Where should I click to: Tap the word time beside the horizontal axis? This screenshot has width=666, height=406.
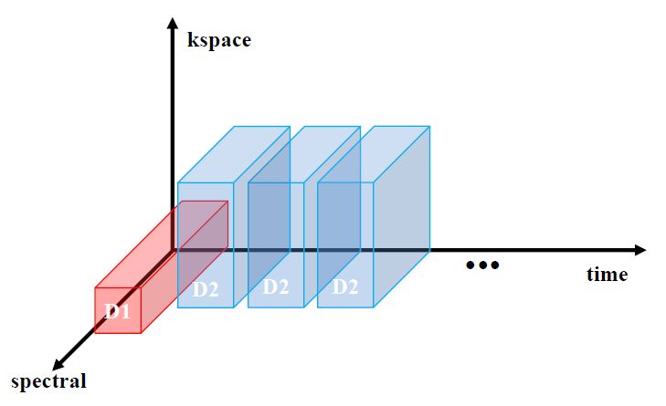pyautogui.click(x=607, y=274)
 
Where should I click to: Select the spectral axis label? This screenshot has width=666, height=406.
pyautogui.click(x=48, y=380)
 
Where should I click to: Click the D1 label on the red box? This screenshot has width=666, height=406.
pyautogui.click(x=118, y=311)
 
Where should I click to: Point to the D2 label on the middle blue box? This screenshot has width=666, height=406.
pyautogui.click(x=276, y=286)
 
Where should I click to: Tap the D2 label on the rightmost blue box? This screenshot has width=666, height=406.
pyautogui.click(x=344, y=286)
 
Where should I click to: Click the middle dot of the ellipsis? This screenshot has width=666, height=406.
pyautogui.click(x=482, y=265)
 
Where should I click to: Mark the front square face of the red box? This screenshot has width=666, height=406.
pyautogui.click(x=117, y=311)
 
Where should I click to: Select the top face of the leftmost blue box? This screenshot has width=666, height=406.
pyautogui.click(x=233, y=153)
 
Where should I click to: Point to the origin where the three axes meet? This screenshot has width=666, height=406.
pyautogui.click(x=171, y=249)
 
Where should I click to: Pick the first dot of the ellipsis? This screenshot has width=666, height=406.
pyautogui.click(x=470, y=265)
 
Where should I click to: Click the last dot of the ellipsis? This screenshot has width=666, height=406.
pyautogui.click(x=495, y=265)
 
